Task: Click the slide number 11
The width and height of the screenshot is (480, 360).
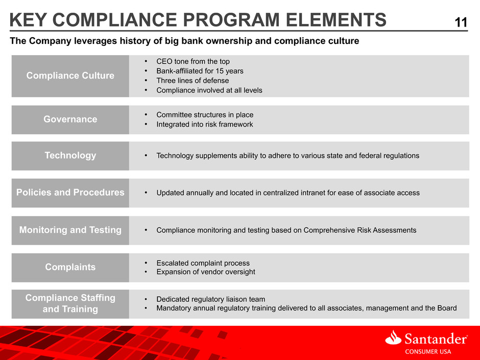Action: tap(461, 22)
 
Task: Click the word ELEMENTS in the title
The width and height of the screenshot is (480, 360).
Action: tap(336, 20)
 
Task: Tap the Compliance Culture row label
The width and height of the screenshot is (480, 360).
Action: tap(70, 75)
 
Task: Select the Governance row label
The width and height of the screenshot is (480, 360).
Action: tap(70, 119)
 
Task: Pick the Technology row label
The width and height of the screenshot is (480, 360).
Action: tap(70, 156)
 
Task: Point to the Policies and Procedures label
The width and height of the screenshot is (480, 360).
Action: tap(70, 192)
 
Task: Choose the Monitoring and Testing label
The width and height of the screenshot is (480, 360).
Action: tap(70, 230)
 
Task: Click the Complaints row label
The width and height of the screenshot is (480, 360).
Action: tap(70, 267)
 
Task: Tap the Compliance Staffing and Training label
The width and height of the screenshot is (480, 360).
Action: tap(70, 303)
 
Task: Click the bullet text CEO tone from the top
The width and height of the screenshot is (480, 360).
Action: tap(193, 61)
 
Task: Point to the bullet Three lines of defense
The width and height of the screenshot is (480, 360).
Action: tap(193, 81)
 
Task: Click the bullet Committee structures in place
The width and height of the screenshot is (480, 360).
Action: tap(205, 115)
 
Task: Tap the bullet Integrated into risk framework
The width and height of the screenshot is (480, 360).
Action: tap(204, 124)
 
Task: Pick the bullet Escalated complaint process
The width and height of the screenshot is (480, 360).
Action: tap(203, 263)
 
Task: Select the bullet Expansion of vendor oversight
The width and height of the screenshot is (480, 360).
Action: tap(206, 272)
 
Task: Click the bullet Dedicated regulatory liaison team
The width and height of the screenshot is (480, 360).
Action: tap(210, 299)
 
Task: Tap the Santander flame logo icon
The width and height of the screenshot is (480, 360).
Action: tap(393, 338)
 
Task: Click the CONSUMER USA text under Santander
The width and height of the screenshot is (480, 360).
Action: tap(428, 352)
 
